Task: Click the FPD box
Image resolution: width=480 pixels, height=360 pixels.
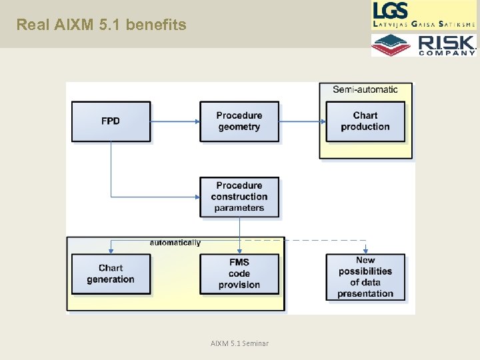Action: (x=111, y=121)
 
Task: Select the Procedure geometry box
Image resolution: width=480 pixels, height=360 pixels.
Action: (x=239, y=121)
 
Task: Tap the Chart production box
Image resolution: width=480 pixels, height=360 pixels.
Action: (x=365, y=121)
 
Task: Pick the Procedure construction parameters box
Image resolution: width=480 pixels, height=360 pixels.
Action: (x=239, y=197)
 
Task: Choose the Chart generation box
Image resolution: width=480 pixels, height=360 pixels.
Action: (x=111, y=274)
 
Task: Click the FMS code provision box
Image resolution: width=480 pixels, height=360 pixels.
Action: (x=239, y=274)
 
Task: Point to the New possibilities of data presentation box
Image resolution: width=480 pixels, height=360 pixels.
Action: (x=365, y=276)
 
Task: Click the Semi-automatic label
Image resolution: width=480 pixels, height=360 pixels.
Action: (x=365, y=89)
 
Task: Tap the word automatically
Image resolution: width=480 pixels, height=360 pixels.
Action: (x=175, y=243)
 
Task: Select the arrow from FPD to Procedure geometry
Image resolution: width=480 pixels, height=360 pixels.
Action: (x=175, y=121)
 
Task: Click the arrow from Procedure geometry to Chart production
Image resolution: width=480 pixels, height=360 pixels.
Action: (x=302, y=121)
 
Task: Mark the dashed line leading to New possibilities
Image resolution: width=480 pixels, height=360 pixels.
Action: (x=307, y=239)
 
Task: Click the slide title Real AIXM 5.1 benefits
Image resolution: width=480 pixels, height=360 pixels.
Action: (x=101, y=25)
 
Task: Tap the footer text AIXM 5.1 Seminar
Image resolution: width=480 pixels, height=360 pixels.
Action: (x=239, y=343)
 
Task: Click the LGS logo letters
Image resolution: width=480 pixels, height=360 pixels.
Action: (x=391, y=11)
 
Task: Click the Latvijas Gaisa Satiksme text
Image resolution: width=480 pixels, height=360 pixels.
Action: (x=424, y=24)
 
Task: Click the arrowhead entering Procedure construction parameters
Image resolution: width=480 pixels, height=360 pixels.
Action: (x=197, y=197)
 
